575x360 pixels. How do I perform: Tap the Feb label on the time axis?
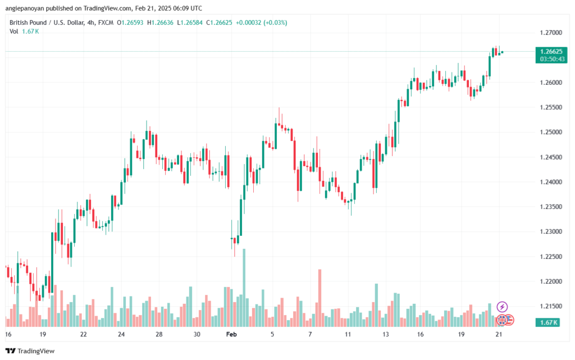(x=232, y=334)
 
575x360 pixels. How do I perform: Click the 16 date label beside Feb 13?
(x=420, y=334)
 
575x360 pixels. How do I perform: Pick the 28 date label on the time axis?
(x=159, y=334)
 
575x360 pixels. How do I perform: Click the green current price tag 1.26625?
(x=550, y=51)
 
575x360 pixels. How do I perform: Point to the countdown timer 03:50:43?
(x=550, y=58)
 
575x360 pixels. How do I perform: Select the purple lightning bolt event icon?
(x=502, y=307)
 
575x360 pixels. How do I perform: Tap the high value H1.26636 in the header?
(x=160, y=22)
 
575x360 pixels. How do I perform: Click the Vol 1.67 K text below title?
(x=24, y=31)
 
